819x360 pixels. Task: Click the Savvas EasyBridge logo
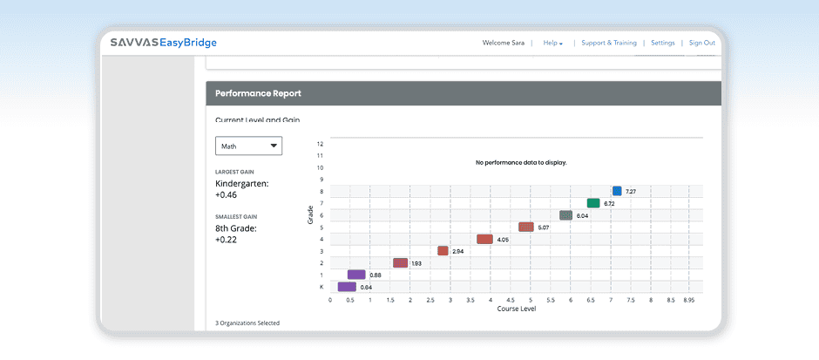click(x=163, y=43)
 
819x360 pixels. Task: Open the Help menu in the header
click(x=552, y=43)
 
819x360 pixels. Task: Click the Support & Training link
click(x=609, y=43)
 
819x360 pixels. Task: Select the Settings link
click(x=662, y=43)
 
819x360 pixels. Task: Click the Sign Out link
click(x=701, y=43)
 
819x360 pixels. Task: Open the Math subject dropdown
click(x=248, y=146)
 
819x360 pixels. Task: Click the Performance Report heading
click(x=258, y=92)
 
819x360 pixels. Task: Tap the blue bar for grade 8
click(x=617, y=191)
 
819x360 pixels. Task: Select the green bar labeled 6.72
click(x=593, y=203)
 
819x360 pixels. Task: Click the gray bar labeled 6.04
click(x=565, y=215)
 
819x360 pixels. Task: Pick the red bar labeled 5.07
click(x=525, y=227)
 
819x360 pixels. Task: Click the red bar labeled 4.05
click(x=484, y=239)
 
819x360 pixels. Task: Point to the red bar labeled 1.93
click(x=400, y=262)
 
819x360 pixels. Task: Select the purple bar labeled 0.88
click(x=356, y=275)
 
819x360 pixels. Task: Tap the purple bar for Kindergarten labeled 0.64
click(x=347, y=287)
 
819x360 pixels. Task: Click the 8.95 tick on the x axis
click(x=688, y=300)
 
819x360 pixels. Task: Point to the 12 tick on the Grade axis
click(x=321, y=143)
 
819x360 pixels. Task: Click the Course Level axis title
click(x=516, y=309)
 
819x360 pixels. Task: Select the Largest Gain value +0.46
click(x=227, y=195)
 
